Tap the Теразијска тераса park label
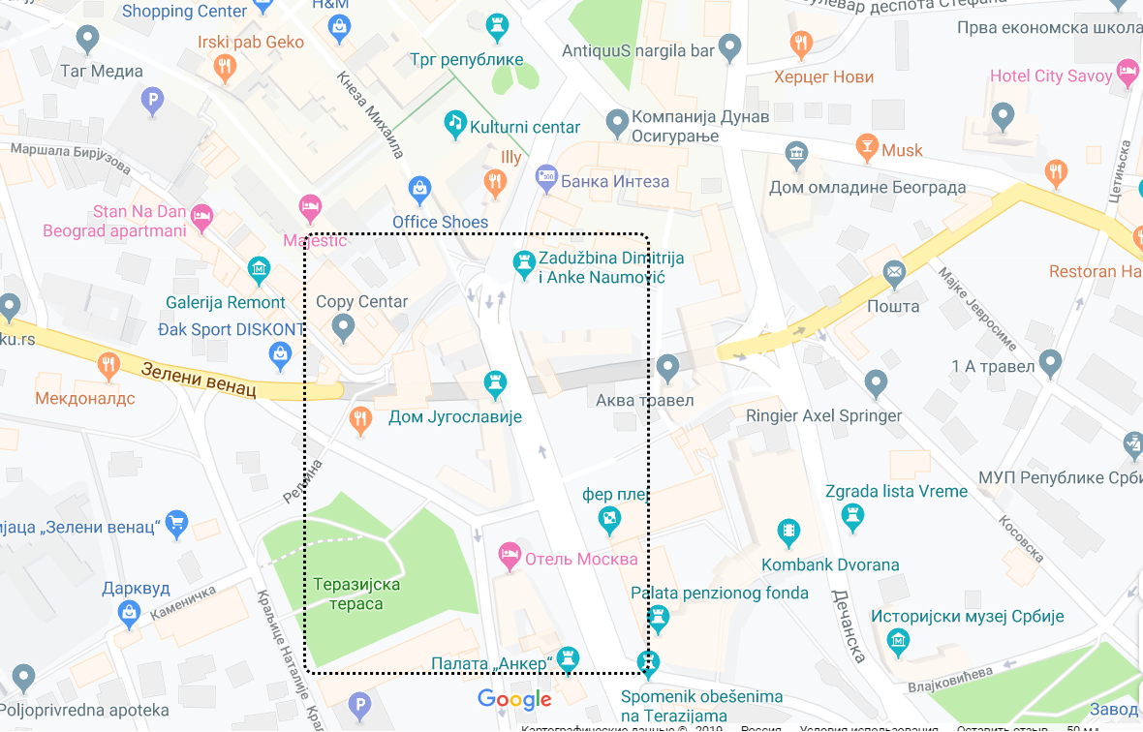point(355,594)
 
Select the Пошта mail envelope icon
point(894,274)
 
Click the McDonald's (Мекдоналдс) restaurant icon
point(108,366)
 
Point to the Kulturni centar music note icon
point(455,122)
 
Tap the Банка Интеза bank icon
point(546,177)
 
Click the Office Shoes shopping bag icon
point(418,187)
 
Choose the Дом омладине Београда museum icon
point(796,154)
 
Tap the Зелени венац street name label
point(198,381)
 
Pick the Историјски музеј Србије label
point(967,616)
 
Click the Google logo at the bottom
point(514,699)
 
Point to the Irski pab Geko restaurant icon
point(225,66)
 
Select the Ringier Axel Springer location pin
point(876,383)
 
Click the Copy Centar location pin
point(343,328)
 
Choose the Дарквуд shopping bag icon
point(128,612)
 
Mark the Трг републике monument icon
point(497,24)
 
